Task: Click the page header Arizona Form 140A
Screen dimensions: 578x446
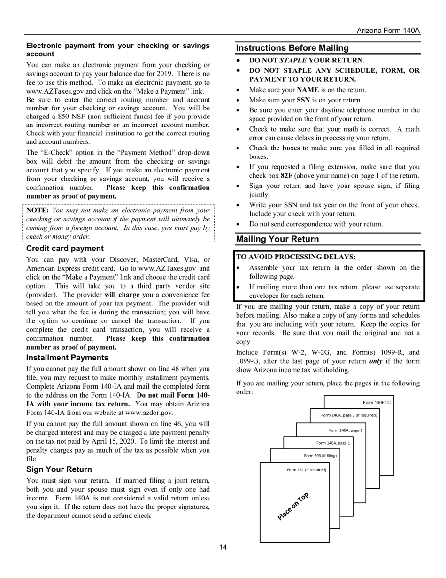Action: pyautogui.click(x=388, y=30)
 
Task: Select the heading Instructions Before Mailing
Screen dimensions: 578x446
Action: pyautogui.click(x=292, y=48)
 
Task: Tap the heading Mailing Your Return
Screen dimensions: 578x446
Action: pyautogui.click(x=277, y=239)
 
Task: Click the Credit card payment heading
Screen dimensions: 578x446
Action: pyautogui.click(x=65, y=249)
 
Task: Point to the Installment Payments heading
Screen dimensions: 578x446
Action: pyautogui.click(x=67, y=358)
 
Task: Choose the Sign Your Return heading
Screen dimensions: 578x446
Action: pyautogui.click(x=59, y=469)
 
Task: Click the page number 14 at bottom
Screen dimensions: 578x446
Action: pyautogui.click(x=223, y=547)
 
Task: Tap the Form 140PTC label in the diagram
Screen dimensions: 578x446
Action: pyautogui.click(x=377, y=403)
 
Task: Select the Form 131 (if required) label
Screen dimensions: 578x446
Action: pyautogui.click(x=306, y=469)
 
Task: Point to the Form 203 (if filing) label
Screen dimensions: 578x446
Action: pyautogui.click(x=320, y=456)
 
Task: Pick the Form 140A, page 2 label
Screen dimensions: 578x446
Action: pyautogui.click(x=346, y=430)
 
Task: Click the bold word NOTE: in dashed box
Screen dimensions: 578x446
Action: pyautogui.click(x=38, y=210)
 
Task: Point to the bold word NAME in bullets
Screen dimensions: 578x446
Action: pyautogui.click(x=308, y=90)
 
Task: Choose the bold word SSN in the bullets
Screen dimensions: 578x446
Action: pyautogui.click(x=304, y=100)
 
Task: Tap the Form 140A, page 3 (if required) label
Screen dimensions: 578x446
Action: pyautogui.click(x=349, y=415)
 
